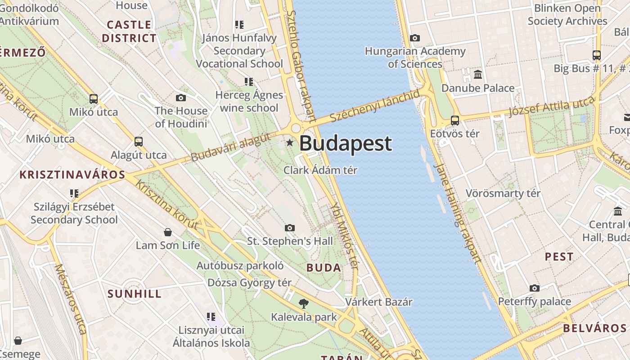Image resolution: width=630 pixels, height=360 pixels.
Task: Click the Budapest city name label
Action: point(345,144)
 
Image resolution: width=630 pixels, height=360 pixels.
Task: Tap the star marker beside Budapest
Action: point(290,143)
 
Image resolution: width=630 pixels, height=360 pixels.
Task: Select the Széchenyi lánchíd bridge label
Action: point(374,106)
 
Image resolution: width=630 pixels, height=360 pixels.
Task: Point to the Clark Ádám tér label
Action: point(320,170)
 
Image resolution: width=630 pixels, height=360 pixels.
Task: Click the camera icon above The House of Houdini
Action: point(181,98)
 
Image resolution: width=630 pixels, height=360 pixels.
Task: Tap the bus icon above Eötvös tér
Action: point(455,121)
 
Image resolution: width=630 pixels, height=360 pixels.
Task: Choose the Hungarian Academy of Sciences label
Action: point(415,58)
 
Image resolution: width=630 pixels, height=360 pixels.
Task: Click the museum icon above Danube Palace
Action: point(478,74)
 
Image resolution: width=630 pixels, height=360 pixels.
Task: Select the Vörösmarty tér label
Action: point(503,193)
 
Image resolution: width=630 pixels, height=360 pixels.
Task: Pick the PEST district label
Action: point(559,257)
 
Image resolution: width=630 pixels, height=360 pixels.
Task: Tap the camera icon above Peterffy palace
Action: point(534,288)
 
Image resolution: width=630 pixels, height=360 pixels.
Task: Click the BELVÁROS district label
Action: point(594,328)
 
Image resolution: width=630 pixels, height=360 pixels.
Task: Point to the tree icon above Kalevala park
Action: point(304,304)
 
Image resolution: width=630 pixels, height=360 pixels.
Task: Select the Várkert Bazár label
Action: point(378,301)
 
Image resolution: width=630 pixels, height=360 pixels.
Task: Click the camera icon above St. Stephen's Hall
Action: point(290,228)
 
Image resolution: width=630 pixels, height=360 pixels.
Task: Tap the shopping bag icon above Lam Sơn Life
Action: point(168,232)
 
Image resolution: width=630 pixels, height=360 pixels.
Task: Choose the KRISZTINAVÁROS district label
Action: point(72,175)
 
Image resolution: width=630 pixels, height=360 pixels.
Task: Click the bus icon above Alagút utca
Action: point(139,142)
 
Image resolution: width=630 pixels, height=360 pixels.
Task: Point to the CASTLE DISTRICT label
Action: point(129,31)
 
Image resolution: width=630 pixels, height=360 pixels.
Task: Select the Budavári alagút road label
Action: point(230,147)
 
